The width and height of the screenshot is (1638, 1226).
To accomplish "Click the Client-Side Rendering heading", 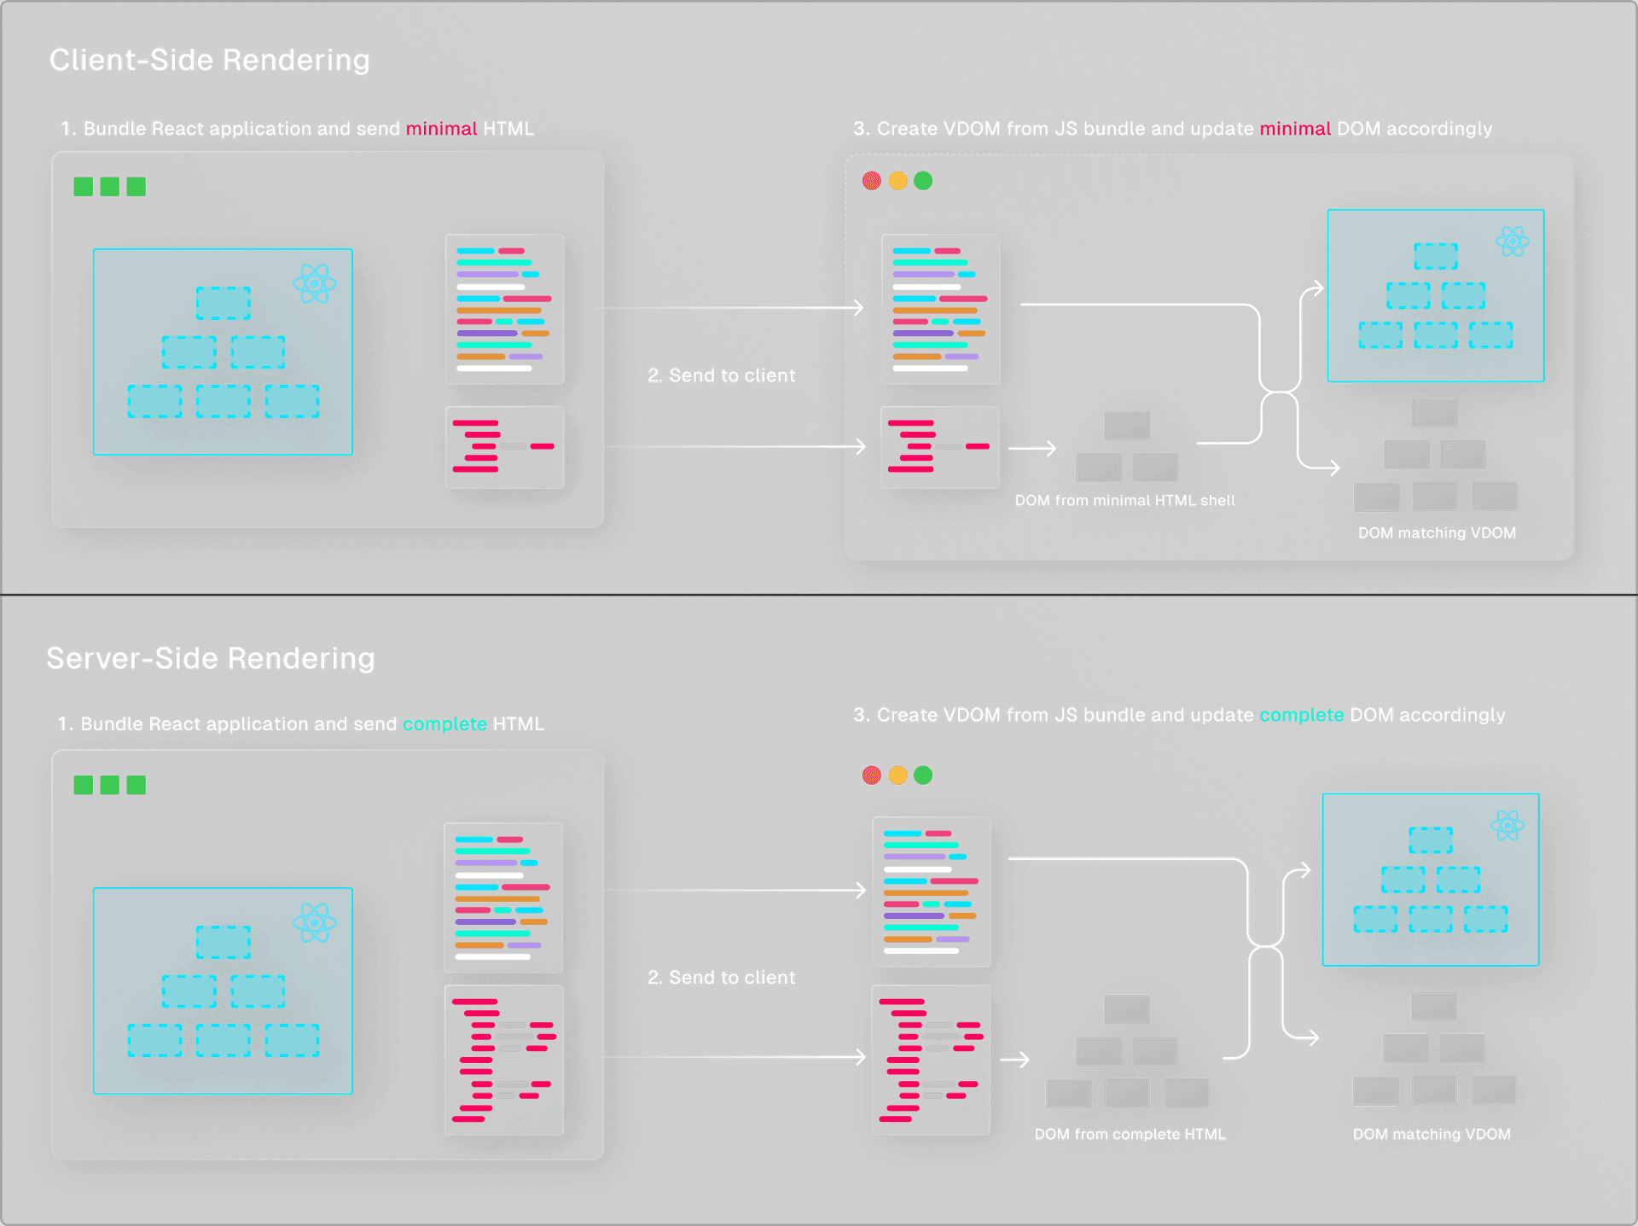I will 210,60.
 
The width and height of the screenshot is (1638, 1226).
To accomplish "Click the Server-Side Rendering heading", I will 211,658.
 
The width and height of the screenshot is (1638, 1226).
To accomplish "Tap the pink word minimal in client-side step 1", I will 441,129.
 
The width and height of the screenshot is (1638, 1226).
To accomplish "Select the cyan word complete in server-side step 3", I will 1301,715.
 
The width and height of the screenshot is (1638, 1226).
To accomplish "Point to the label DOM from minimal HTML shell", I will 1124,501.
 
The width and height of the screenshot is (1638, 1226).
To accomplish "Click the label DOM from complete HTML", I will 1130,1134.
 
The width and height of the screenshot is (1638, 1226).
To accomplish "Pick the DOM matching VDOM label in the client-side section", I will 1437,533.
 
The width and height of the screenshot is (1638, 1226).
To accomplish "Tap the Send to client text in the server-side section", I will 722,978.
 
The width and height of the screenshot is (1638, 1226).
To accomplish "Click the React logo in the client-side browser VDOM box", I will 1513,241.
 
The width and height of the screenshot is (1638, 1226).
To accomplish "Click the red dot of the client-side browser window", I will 871,181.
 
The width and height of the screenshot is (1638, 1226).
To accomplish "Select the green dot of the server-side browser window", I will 923,775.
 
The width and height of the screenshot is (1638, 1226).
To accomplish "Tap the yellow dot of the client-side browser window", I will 897,181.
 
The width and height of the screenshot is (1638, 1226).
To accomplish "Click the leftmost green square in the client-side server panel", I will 83,187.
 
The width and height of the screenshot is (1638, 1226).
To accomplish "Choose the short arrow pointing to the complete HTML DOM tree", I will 1014,1060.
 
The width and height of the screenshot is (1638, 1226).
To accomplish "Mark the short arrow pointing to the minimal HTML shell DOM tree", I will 1032,448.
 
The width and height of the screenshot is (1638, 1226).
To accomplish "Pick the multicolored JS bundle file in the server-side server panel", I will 503,898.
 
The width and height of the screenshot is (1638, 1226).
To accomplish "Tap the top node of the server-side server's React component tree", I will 223,942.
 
